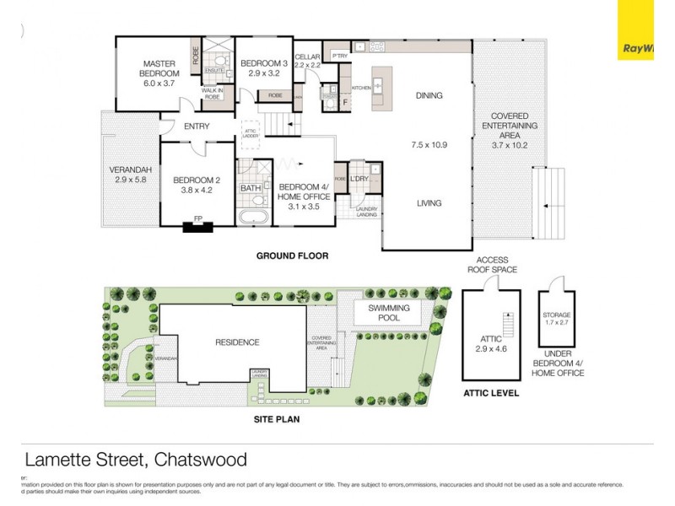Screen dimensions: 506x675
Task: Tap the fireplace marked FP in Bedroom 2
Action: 198,225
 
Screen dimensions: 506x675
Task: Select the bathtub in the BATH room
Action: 251,219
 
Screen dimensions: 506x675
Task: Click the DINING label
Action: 429,96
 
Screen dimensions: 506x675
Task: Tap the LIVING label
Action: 429,203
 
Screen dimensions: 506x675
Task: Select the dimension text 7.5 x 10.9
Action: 429,145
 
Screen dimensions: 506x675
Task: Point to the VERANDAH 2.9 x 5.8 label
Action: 129,175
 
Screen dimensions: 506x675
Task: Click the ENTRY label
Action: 196,126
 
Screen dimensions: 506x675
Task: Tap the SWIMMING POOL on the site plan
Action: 389,314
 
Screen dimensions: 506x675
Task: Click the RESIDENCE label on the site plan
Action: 236,342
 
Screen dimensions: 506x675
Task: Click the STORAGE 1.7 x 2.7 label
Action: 557,319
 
